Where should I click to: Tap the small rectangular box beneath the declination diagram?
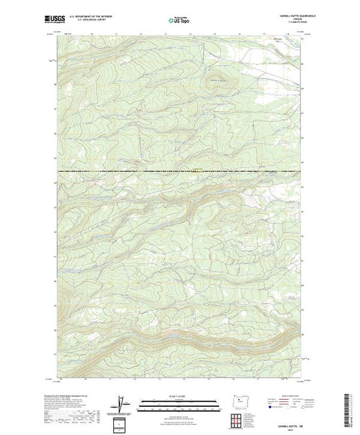pos(122,423)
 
